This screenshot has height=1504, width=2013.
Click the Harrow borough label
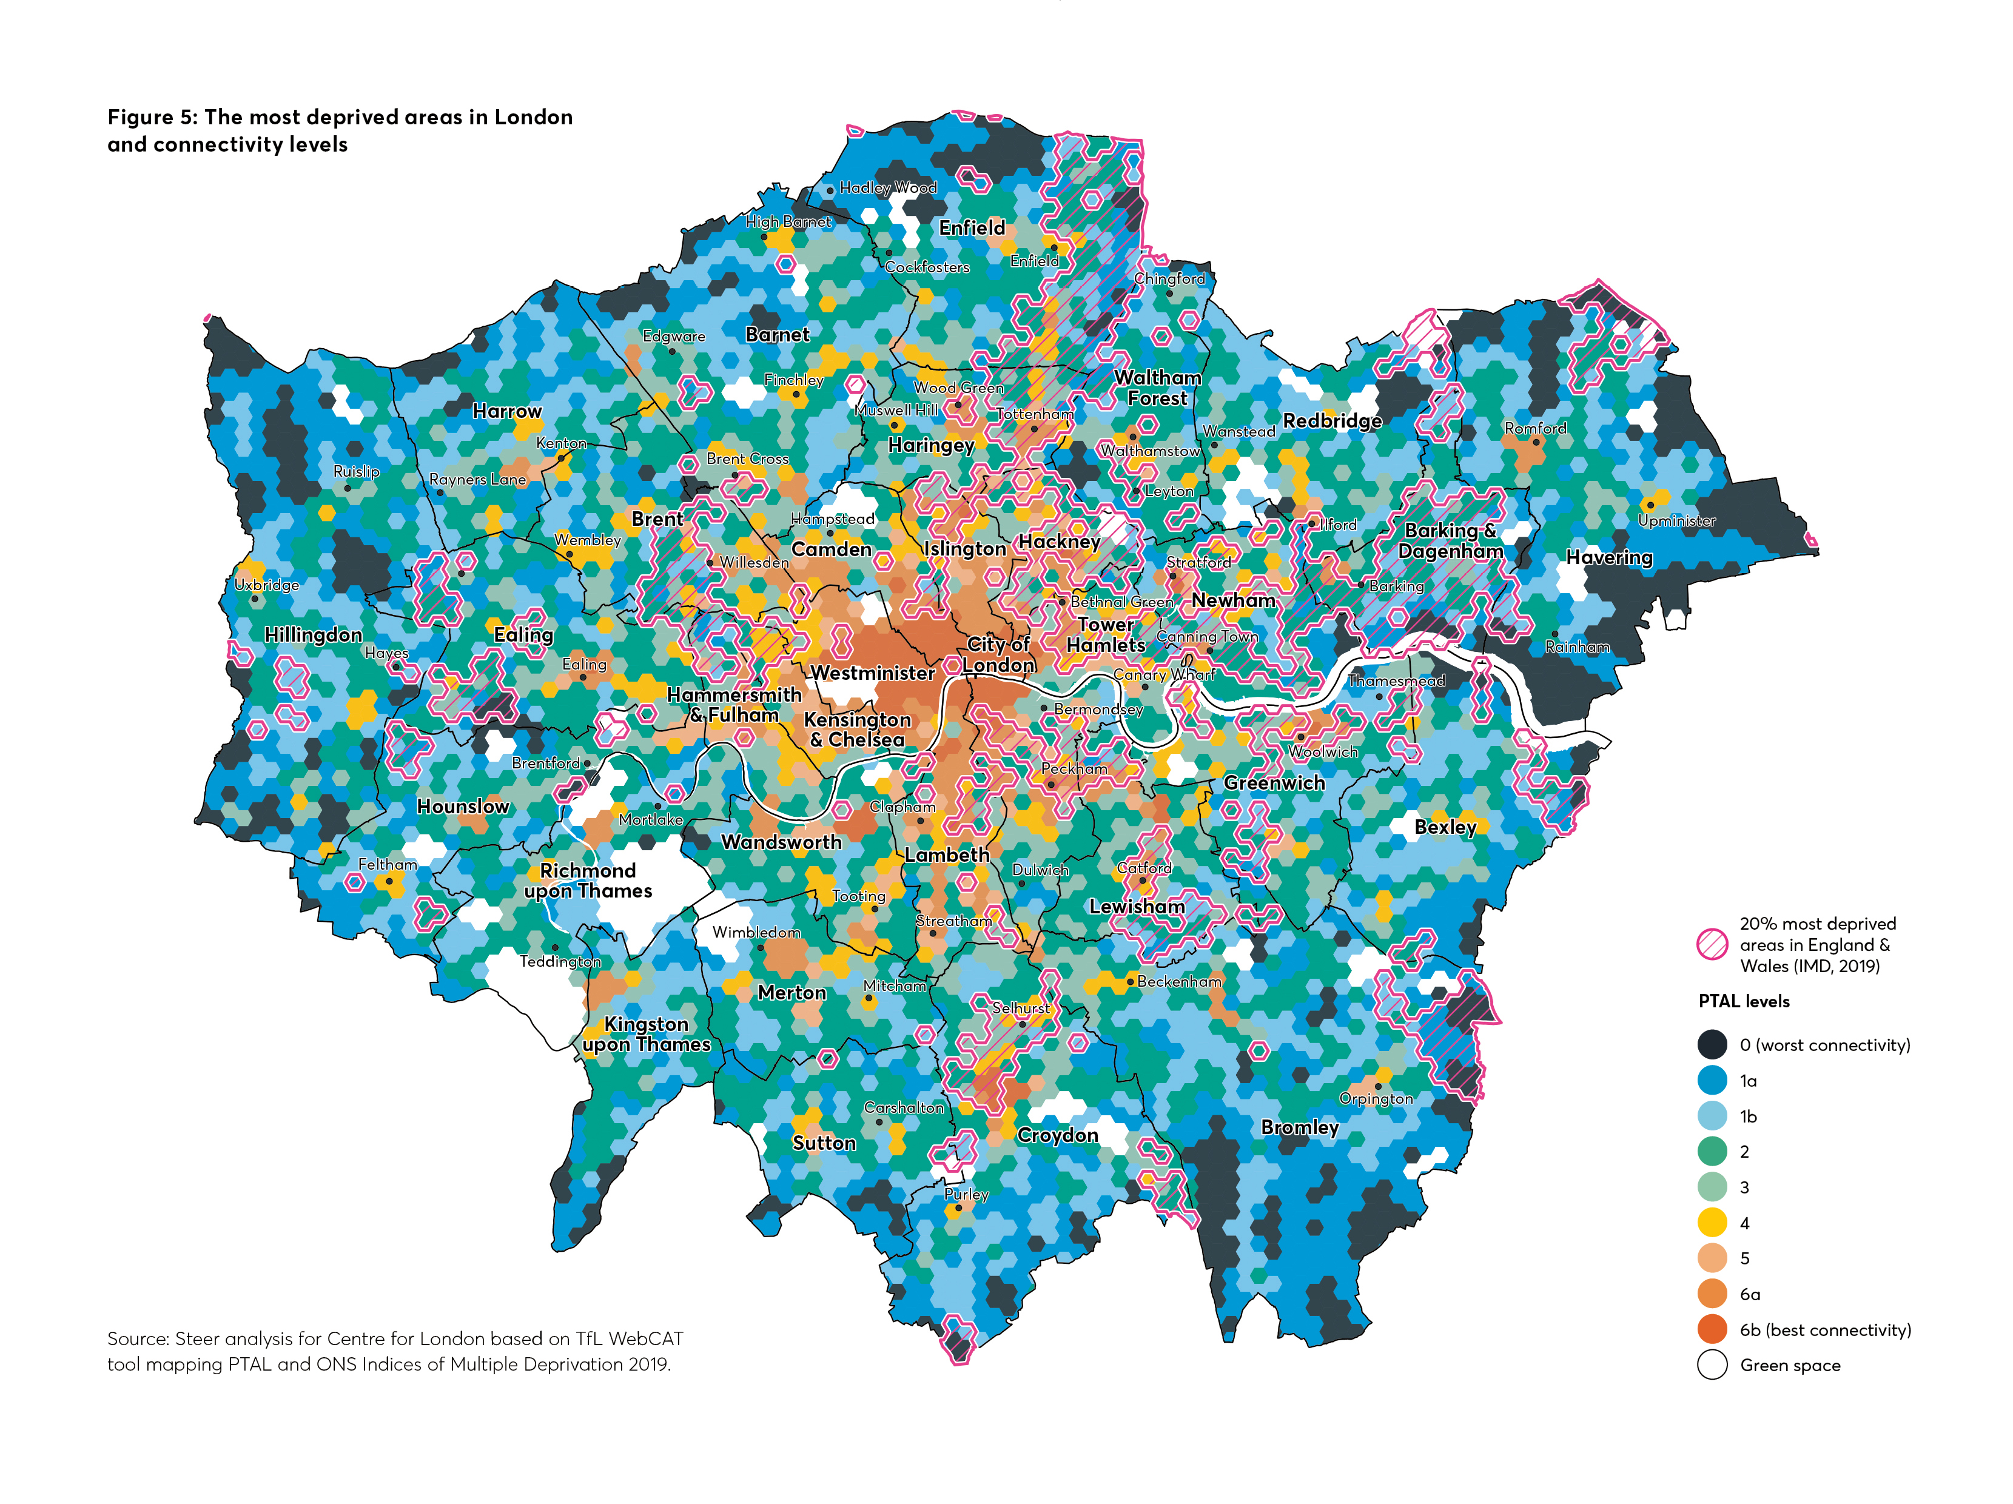(507, 411)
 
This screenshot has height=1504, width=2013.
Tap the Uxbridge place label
(267, 585)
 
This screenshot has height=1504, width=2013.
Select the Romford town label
(1535, 429)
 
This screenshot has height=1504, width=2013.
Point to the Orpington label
(1376, 1099)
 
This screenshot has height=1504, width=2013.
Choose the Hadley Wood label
(887, 187)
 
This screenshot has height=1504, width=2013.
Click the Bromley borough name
(1300, 1127)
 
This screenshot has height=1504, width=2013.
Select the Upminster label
(1676, 520)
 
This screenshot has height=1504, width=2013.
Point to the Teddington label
(560, 962)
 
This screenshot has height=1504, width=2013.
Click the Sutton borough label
(824, 1143)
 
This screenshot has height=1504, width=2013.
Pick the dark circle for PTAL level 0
(1712, 1044)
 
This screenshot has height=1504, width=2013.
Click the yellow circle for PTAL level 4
(1712, 1223)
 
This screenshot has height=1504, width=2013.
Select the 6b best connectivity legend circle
(1712, 1329)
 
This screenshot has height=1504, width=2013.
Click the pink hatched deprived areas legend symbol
(1712, 944)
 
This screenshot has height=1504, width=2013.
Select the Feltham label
(387, 864)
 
